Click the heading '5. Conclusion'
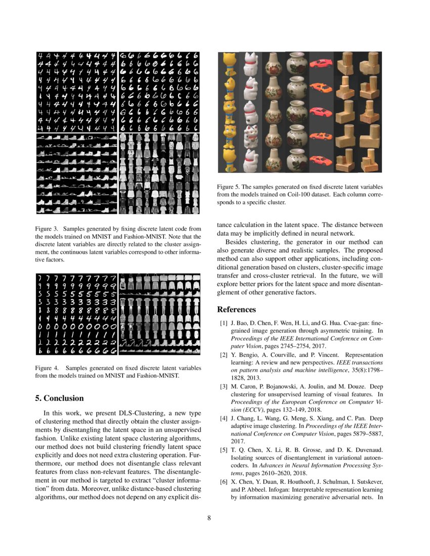59,398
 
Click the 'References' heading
236,309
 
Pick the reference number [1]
223,322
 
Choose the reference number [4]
223,419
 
